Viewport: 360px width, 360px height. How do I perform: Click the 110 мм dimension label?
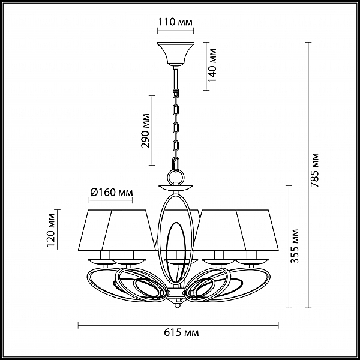click(x=175, y=22)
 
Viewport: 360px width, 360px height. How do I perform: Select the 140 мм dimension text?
click(x=212, y=65)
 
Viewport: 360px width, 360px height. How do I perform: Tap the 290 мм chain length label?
click(x=145, y=131)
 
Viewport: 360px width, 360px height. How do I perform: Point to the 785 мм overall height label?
click(x=314, y=170)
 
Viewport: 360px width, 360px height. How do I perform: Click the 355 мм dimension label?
click(x=295, y=246)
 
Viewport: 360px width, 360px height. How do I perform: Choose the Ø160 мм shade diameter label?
click(x=112, y=192)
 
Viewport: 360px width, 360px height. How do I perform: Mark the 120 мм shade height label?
click(x=51, y=230)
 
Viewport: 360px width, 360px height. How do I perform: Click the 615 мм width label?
click(x=181, y=332)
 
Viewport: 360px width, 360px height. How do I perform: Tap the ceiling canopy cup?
click(x=176, y=53)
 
